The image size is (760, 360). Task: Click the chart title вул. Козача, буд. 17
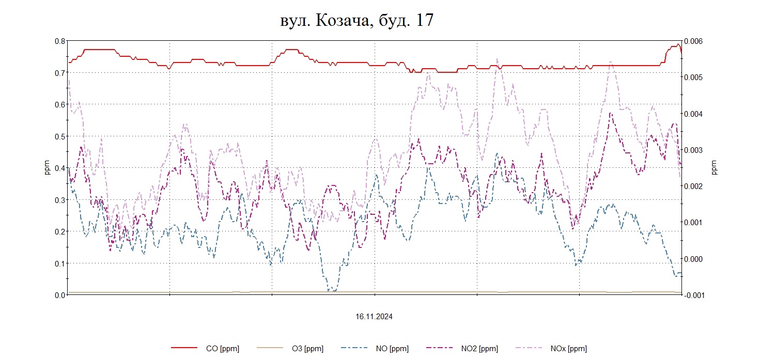[355, 20]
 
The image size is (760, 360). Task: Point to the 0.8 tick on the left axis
[59, 41]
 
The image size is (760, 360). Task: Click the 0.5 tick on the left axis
[59, 136]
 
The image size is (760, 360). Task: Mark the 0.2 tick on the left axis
[59, 231]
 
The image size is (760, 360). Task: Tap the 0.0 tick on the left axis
[59, 295]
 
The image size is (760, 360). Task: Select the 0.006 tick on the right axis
[693, 41]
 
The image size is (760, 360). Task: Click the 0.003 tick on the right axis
[693, 150]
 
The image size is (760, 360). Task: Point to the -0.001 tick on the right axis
[693, 295]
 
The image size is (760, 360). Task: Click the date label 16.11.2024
[374, 317]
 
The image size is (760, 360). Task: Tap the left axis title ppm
[47, 168]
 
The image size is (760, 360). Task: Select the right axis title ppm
[715, 168]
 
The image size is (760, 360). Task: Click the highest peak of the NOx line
[497, 59]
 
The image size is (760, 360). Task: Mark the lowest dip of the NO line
[331, 291]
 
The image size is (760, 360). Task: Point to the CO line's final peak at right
[678, 44]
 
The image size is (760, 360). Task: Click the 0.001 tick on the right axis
[693, 223]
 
